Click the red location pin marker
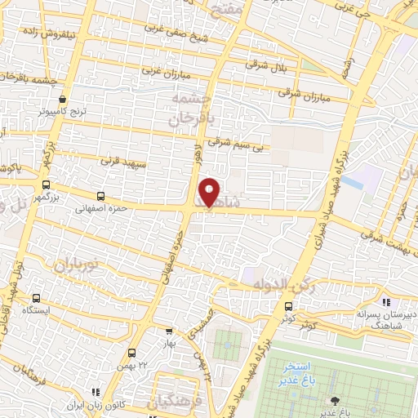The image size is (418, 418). (x=210, y=192)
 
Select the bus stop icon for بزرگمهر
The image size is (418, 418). (x=47, y=185)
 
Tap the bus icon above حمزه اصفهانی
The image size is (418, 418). (x=101, y=196)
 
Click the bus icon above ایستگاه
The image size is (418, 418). (x=36, y=299)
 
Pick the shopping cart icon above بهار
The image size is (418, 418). (x=169, y=331)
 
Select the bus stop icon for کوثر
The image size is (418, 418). (x=287, y=306)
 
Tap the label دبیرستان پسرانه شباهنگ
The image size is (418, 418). (x=384, y=318)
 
